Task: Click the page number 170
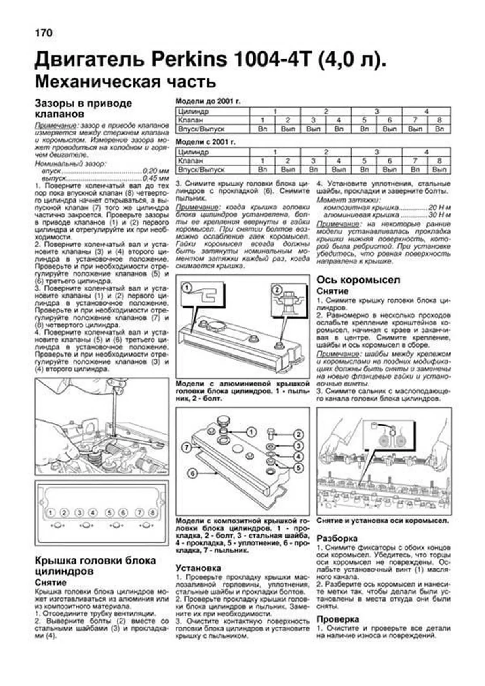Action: tap(44, 33)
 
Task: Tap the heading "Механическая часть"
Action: tap(125, 82)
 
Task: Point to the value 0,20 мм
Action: tap(156, 171)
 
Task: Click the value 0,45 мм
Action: tap(156, 178)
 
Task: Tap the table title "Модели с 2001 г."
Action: tap(206, 142)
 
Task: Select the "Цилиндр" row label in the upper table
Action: tap(193, 111)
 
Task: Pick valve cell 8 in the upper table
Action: tap(439, 120)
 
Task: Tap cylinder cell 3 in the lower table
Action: tap(376, 152)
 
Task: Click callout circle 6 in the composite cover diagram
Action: tap(192, 473)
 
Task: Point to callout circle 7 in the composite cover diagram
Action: tap(186, 447)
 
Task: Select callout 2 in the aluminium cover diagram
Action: tap(277, 290)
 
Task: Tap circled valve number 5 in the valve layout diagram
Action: tap(109, 513)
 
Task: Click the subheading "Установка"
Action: tap(198, 568)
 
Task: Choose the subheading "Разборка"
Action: tap(337, 538)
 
